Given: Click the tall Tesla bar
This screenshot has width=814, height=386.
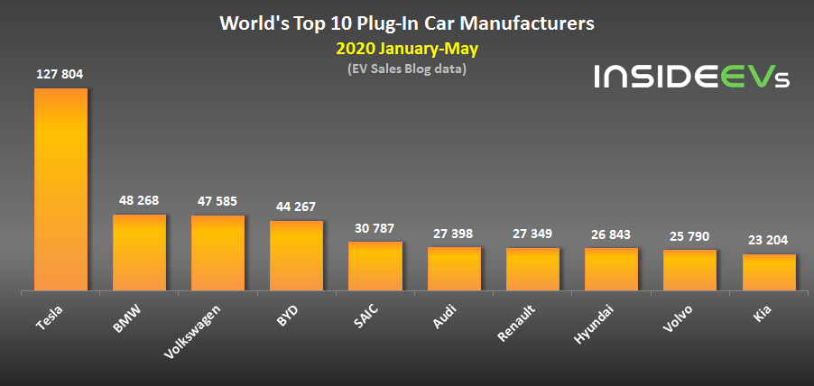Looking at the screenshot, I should pyautogui.click(x=60, y=189).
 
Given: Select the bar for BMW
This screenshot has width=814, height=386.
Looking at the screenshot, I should pyautogui.click(x=139, y=253).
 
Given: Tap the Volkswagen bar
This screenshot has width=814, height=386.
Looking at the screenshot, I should pyautogui.click(x=217, y=253).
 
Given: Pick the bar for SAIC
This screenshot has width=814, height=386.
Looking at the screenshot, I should pyautogui.click(x=375, y=266).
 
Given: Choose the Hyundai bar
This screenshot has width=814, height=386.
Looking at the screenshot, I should pyautogui.click(x=611, y=269).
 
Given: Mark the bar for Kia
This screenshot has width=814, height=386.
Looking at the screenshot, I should pyautogui.click(x=769, y=272).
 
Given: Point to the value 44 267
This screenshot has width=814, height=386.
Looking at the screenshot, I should pyautogui.click(x=296, y=207).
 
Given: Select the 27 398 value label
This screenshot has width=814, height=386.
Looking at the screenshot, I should pyautogui.click(x=454, y=234).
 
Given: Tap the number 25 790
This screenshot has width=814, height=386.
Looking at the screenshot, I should pyautogui.click(x=689, y=236).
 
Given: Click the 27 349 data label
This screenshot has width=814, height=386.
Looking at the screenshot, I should pyautogui.click(x=532, y=234).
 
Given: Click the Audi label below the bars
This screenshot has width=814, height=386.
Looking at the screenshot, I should pyautogui.click(x=445, y=317).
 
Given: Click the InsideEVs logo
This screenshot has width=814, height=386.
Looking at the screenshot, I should pyautogui.click(x=691, y=77).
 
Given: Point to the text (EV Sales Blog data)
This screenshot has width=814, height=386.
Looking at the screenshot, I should pyautogui.click(x=406, y=69).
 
